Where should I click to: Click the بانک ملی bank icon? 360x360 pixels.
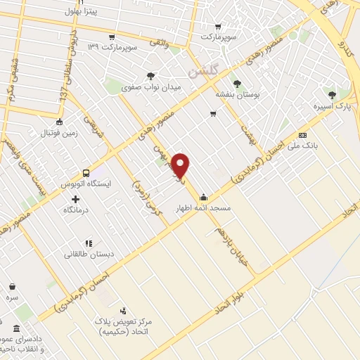click(x=302, y=135)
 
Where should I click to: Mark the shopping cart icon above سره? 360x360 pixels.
click(x=13, y=286)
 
